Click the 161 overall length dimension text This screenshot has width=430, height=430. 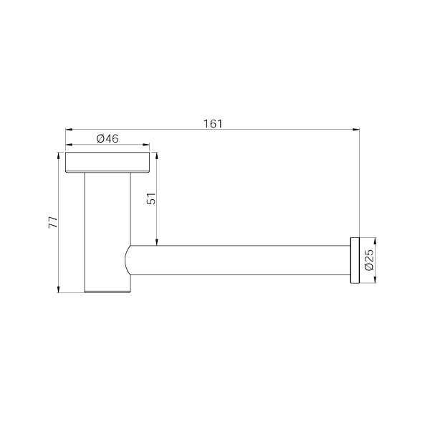(212, 123)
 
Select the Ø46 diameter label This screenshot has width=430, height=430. (107, 139)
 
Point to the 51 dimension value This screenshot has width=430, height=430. (151, 199)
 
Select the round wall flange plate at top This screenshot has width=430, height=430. (107, 162)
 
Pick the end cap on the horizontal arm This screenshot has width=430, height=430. (353, 259)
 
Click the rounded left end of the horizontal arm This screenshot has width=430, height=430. (129, 259)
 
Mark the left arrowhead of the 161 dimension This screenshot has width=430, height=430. (68, 130)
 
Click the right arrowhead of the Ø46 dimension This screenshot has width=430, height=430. (147, 145)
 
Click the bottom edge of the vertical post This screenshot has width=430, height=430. (107, 292)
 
